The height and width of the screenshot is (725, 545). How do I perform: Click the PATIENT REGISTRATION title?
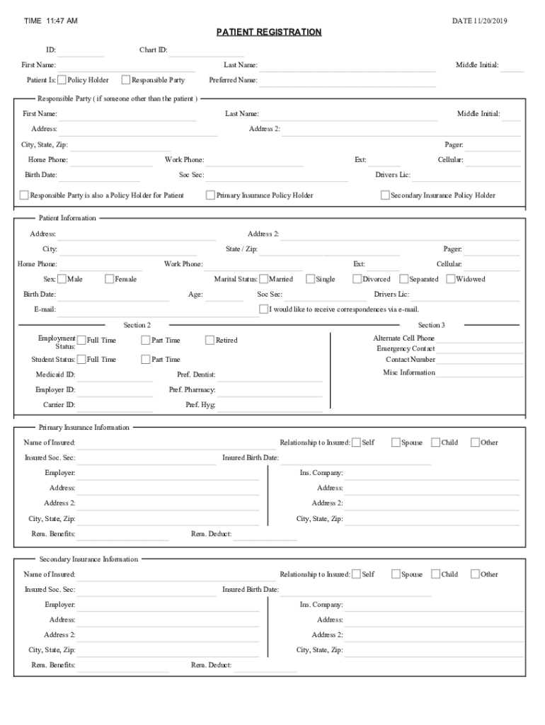[x=269, y=33]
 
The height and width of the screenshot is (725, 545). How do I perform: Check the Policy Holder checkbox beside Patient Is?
[x=62, y=80]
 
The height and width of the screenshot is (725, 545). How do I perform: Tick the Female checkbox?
[x=110, y=279]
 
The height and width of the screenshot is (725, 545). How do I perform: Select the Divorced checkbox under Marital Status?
[x=357, y=279]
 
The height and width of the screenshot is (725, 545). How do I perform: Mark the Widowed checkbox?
[x=451, y=279]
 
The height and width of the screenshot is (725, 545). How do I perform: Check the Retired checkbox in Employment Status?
[x=210, y=341]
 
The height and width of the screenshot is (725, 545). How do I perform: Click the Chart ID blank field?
[x=207, y=51]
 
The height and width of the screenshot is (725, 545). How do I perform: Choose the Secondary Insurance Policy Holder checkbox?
[x=385, y=195]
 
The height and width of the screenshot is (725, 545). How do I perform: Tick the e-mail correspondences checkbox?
[x=263, y=309]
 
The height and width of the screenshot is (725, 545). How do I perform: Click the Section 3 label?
[x=431, y=325]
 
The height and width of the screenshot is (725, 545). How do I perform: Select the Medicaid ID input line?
[x=115, y=375]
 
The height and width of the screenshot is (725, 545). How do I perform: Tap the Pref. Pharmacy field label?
[x=192, y=390]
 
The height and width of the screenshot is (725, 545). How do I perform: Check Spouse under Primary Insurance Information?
[x=396, y=443]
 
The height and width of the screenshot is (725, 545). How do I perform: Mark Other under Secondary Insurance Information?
[x=475, y=574]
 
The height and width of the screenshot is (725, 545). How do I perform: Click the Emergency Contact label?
[x=406, y=349]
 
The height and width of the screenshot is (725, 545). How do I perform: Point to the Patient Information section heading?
[x=67, y=218]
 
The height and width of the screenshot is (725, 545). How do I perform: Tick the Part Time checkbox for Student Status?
[x=146, y=360]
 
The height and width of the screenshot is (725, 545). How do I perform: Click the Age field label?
[x=195, y=295]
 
